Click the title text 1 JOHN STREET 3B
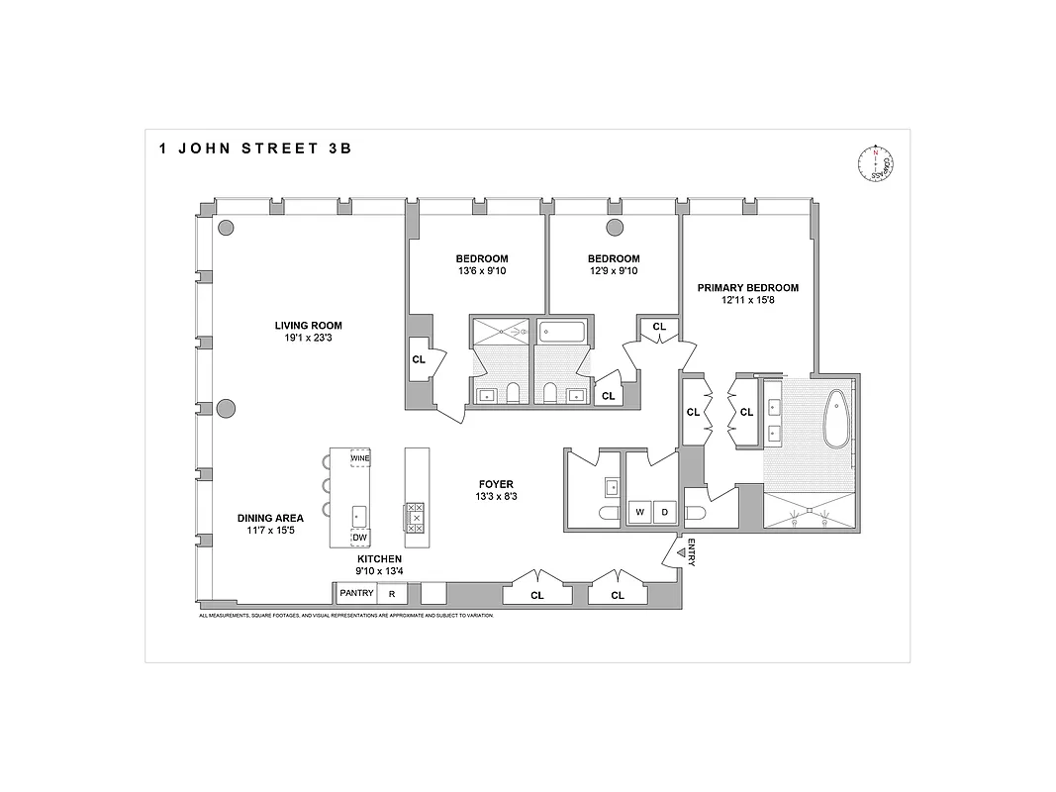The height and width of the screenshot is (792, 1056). pos(254,148)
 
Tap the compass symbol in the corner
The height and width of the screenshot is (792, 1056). pos(876,164)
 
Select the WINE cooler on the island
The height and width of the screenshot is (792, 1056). pos(359,459)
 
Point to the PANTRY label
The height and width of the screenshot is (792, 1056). pos(356,594)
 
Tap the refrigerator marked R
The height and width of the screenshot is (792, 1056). pos(392,594)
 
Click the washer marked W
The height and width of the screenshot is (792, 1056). pos(639,512)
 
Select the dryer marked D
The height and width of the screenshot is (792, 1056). pos(664,512)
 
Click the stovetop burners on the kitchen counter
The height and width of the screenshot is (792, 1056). pos(417,517)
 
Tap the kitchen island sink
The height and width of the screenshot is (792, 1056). pos(359,515)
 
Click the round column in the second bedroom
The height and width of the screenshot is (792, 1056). pos(614,229)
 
